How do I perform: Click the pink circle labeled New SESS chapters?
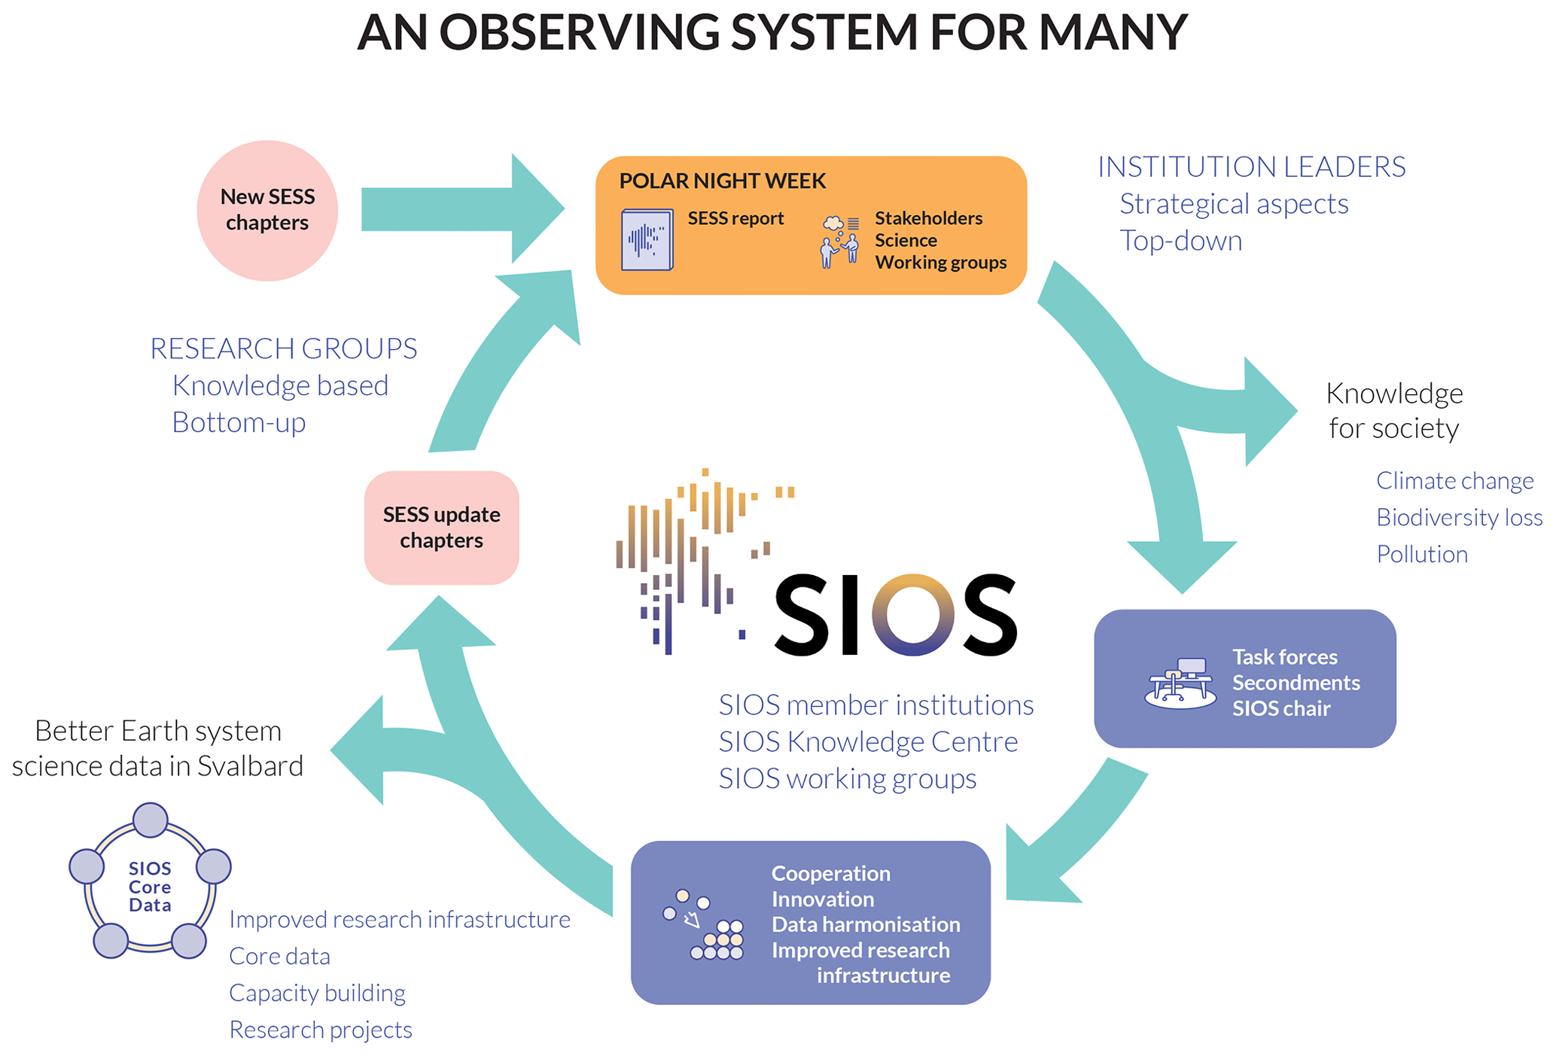point(267,210)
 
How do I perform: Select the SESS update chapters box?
point(441,528)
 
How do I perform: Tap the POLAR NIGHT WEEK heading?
point(722,181)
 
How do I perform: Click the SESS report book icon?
point(647,239)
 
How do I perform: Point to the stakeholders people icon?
point(839,242)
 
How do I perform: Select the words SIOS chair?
point(1280,708)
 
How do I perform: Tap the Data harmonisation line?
point(865,924)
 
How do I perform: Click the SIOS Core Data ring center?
point(150,887)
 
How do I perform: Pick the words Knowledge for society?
point(1394,410)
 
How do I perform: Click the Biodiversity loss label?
point(1459,517)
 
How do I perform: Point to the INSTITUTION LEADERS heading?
point(1251,166)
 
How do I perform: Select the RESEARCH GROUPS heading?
point(283,348)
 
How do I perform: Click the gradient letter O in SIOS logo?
point(912,614)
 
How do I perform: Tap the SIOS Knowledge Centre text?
point(867,742)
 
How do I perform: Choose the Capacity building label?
point(317,993)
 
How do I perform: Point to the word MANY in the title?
point(1113,32)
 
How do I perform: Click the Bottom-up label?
point(239,422)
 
